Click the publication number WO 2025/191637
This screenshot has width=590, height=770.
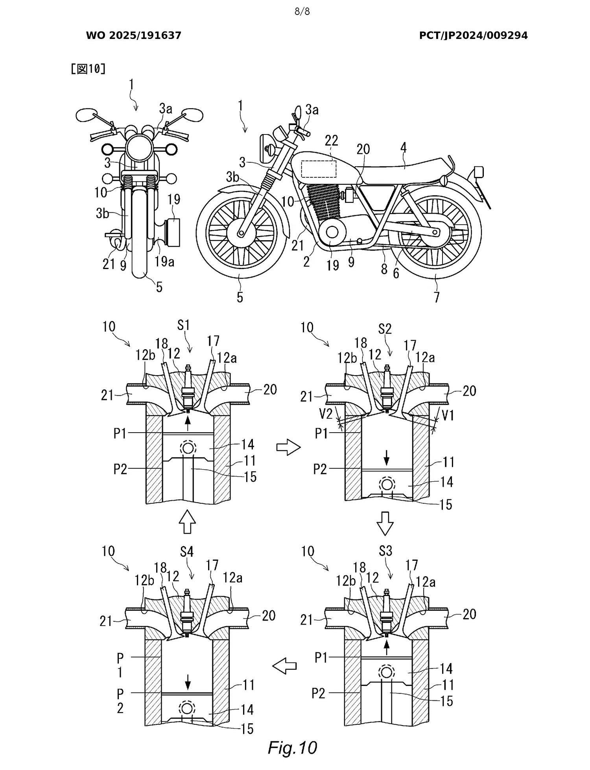133,35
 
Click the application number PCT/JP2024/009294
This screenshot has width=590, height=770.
473,35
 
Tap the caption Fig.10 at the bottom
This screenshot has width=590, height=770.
292,747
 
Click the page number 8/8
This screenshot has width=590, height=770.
302,11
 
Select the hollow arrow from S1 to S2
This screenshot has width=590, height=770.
288,448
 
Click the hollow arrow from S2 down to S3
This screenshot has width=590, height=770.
385,523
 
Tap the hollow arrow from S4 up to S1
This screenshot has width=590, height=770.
187,521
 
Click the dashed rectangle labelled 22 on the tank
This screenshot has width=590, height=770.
319,169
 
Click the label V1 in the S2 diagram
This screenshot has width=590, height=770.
448,415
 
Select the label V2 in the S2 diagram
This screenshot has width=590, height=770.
326,413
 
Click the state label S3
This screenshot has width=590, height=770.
385,551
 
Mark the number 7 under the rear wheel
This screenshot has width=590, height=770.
437,297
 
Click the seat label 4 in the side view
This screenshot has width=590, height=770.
403,148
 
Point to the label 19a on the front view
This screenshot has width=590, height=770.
164,261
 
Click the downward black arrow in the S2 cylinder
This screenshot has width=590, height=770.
387,457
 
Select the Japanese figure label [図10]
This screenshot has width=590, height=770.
88,69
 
